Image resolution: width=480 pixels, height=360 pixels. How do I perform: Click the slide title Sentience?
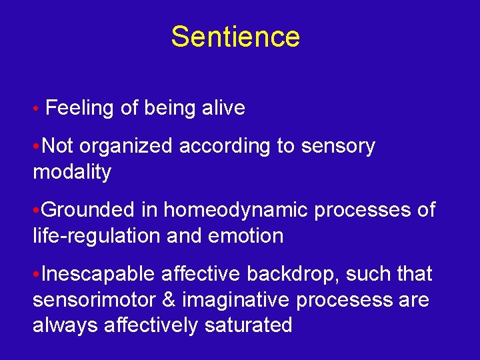[x=235, y=37]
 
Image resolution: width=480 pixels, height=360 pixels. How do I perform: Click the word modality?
[x=72, y=172]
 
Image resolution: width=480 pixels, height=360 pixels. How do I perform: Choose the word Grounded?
[x=89, y=210]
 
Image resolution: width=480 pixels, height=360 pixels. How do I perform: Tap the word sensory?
[x=339, y=147]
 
